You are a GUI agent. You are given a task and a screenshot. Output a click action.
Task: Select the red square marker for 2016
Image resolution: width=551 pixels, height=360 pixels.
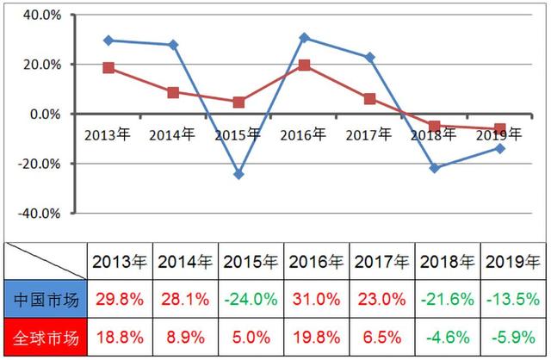tap(305, 65)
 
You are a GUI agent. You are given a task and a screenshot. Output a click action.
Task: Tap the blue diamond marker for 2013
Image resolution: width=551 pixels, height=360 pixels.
tap(108, 40)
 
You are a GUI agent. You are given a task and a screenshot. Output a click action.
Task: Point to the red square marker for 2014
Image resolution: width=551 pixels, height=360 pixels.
tap(173, 92)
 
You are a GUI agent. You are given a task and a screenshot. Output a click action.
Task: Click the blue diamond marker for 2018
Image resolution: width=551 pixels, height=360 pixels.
tap(435, 168)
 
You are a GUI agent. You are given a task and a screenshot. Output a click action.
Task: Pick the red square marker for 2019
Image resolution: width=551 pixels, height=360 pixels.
tap(500, 129)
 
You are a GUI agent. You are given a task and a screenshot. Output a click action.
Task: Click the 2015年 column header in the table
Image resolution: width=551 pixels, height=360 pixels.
tap(251, 262)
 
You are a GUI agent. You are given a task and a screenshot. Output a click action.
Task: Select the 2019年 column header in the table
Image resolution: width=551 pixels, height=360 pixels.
tap(514, 262)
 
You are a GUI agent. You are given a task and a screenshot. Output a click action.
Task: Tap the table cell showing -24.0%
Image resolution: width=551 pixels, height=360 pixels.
tap(251, 301)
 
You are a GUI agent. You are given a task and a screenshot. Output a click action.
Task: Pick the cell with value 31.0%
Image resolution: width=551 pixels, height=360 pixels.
tap(317, 301)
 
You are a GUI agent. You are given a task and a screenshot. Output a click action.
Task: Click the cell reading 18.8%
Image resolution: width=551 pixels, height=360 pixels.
tap(120, 338)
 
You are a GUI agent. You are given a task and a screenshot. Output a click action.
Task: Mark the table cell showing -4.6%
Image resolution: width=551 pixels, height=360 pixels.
tap(449, 338)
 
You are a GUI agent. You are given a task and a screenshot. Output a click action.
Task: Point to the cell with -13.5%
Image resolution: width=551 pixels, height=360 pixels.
tap(514, 301)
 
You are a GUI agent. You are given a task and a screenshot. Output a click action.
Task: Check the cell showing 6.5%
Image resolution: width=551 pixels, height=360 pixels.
tap(382, 338)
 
